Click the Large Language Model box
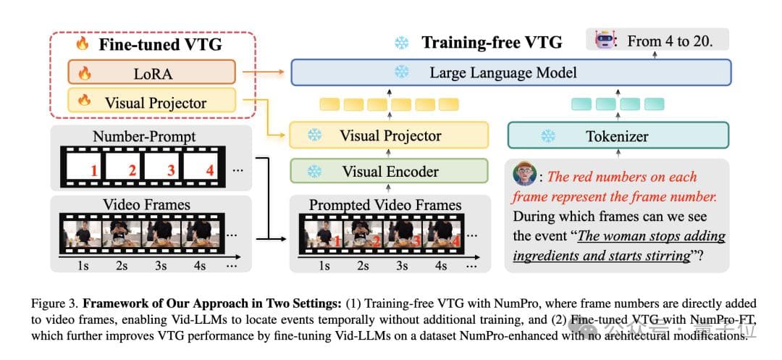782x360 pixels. [510, 72]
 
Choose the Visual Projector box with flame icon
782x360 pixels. [151, 102]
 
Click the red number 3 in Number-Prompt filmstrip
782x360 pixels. [171, 172]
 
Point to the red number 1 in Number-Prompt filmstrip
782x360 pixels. [93, 172]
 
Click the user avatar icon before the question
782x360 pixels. [524, 175]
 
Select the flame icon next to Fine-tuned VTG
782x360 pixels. [83, 43]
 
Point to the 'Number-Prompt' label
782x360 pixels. [144, 136]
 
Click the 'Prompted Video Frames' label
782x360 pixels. [385, 205]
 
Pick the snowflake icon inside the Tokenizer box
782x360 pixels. [548, 135]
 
